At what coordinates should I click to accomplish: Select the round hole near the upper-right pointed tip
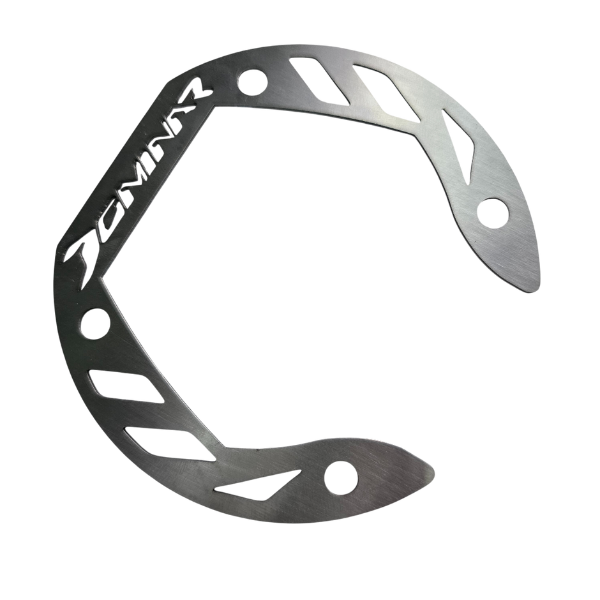coord(493,213)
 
